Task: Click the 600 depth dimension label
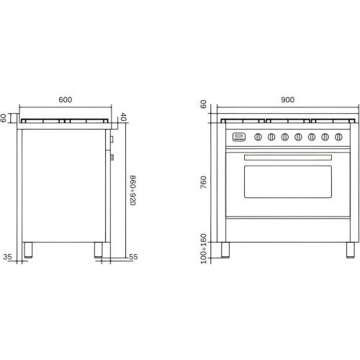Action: (66, 99)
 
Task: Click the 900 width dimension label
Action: (287, 99)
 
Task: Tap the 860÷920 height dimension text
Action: (132, 190)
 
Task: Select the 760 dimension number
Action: (203, 182)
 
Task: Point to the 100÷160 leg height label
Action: (203, 248)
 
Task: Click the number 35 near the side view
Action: (7, 257)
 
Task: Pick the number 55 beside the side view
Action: (133, 257)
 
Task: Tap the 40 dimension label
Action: (122, 117)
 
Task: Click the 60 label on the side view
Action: (4, 118)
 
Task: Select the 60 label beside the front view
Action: (203, 104)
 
